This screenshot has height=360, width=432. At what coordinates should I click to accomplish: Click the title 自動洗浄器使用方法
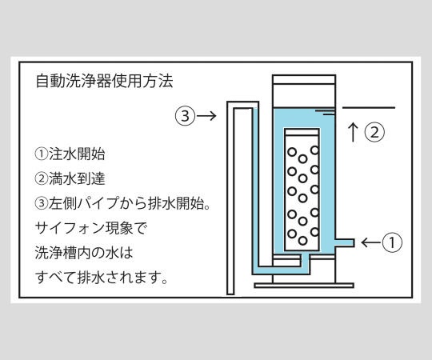(106, 82)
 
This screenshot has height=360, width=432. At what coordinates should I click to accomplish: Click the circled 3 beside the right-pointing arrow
(184, 115)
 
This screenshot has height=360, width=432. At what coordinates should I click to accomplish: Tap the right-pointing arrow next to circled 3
(206, 115)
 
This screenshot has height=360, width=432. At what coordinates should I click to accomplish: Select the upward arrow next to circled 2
(353, 132)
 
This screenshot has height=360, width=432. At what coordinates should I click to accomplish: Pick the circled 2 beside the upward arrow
(374, 133)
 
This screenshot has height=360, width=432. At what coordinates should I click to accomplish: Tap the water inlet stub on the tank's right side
(346, 241)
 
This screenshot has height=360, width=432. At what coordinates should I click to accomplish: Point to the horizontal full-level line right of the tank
(369, 107)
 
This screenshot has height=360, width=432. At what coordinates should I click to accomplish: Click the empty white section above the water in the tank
(302, 92)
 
